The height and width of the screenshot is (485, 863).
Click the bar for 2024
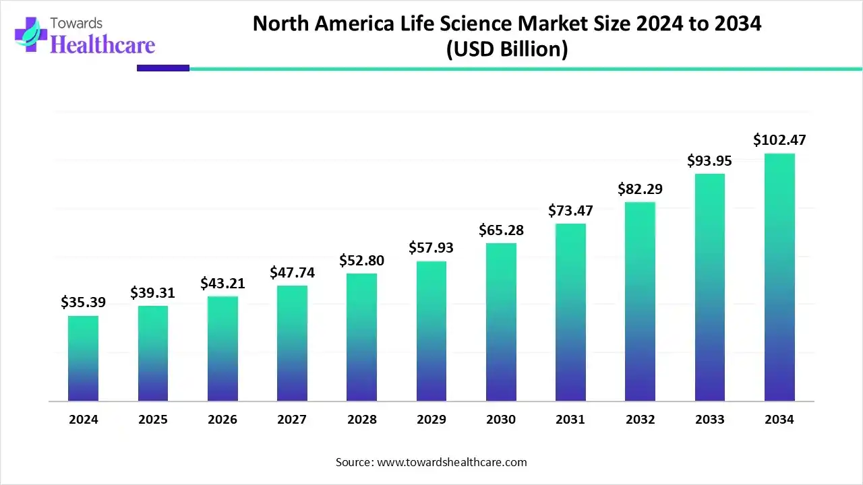(x=83, y=358)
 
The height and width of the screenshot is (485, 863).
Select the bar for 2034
(x=779, y=278)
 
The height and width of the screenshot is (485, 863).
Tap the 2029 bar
(x=431, y=331)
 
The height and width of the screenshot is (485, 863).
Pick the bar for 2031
(x=570, y=313)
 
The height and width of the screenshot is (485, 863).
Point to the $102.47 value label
(x=779, y=140)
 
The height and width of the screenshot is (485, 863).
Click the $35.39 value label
(x=83, y=302)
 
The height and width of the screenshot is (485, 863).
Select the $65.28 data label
(x=501, y=230)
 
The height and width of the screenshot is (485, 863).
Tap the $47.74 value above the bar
(x=292, y=272)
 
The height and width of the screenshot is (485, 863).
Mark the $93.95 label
(x=709, y=160)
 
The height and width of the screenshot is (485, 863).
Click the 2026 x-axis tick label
(x=222, y=420)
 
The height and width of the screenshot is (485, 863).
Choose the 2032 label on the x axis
(x=640, y=420)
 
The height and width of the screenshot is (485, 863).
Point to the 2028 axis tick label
(x=362, y=420)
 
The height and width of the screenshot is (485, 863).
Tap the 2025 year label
(x=153, y=420)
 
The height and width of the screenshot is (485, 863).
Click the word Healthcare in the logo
(x=102, y=44)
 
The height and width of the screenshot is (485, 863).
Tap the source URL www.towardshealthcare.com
(x=450, y=462)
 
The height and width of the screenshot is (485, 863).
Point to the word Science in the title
(x=471, y=24)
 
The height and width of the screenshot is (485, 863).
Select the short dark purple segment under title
(x=163, y=68)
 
